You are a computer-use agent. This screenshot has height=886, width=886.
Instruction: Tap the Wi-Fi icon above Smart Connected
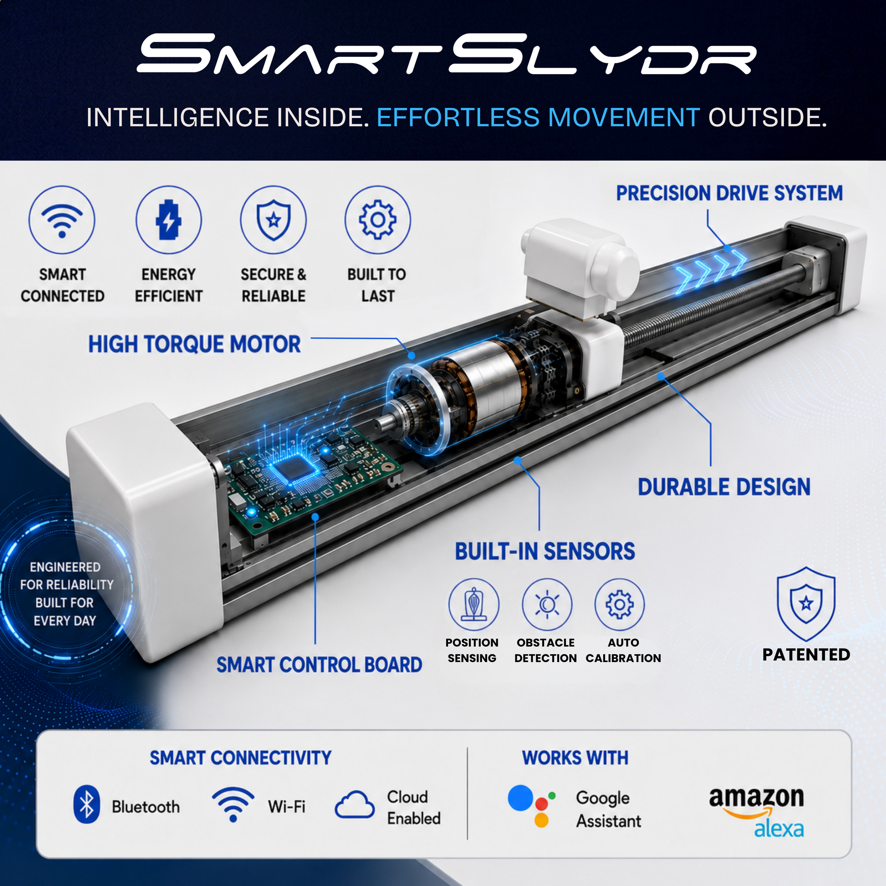[x=62, y=219]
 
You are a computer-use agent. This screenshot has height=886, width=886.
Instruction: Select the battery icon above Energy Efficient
[x=168, y=219]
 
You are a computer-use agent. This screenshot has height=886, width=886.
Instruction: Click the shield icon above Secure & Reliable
[x=273, y=219]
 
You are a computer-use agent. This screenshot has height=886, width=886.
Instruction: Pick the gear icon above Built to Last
[x=377, y=219]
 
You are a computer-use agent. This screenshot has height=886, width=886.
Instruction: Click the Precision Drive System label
[x=729, y=193]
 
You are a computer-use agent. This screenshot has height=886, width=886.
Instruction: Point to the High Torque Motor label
[x=194, y=344]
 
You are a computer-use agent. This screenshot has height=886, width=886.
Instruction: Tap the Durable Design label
[x=724, y=487]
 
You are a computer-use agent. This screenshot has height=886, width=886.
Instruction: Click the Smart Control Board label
[x=319, y=665]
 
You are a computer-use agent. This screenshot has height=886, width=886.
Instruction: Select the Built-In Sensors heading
[x=545, y=551]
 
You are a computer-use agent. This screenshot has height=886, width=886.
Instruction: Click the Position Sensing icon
[x=474, y=604]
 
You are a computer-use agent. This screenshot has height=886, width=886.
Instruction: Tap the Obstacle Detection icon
[x=547, y=604]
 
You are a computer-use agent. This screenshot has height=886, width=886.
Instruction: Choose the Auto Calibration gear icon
[x=620, y=604]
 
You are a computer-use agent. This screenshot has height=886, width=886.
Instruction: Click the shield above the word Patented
[x=806, y=604]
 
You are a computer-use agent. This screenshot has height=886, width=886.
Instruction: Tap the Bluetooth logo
[x=86, y=804]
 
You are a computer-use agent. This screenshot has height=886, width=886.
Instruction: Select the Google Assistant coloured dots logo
[x=532, y=806]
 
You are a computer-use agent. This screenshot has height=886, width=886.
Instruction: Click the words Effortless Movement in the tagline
[x=539, y=117]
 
